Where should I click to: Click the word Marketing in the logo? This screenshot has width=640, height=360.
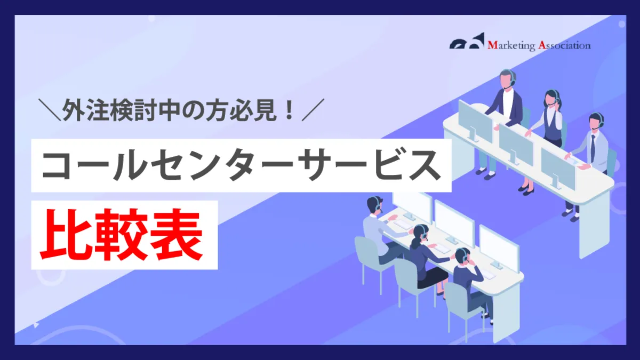pos(511,45)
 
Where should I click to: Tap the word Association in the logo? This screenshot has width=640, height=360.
pos(564,45)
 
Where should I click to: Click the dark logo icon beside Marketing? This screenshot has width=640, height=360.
pos(467,41)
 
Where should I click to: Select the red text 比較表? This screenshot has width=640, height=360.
pos(122,235)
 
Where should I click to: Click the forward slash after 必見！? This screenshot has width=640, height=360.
pos(313,110)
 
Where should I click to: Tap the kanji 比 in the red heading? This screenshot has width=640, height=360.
pos(66,235)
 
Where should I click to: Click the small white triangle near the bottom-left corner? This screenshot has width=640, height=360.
pos(36,325)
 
